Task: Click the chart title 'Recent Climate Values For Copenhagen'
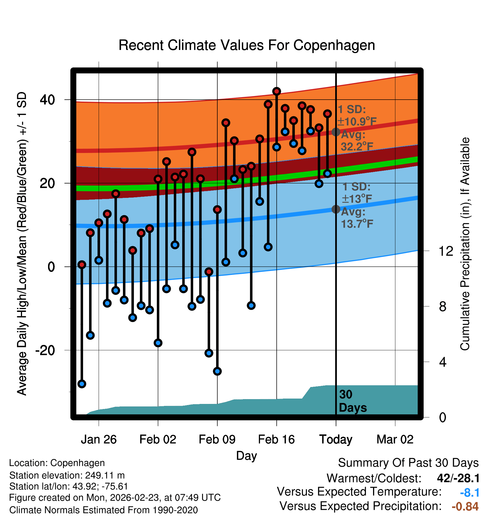(247, 45)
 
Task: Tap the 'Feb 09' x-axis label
(217, 440)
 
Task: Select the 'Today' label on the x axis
(336, 440)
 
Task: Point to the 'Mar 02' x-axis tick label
(395, 440)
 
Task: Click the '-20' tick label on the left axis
(45, 350)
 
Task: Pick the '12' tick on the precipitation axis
(446, 251)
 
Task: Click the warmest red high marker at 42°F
(276, 91)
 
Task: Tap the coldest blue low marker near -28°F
(82, 384)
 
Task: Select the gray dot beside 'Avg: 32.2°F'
(336, 132)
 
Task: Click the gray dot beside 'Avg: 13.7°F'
(336, 209)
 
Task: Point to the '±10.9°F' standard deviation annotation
(357, 122)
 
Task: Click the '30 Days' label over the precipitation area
(352, 401)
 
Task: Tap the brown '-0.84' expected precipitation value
(465, 506)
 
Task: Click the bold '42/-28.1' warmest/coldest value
(458, 478)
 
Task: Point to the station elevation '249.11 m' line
(67, 475)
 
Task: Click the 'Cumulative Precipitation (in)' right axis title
(465, 244)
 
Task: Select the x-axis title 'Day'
(246, 456)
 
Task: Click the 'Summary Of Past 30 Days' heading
(408, 463)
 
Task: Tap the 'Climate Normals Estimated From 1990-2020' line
(103, 510)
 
